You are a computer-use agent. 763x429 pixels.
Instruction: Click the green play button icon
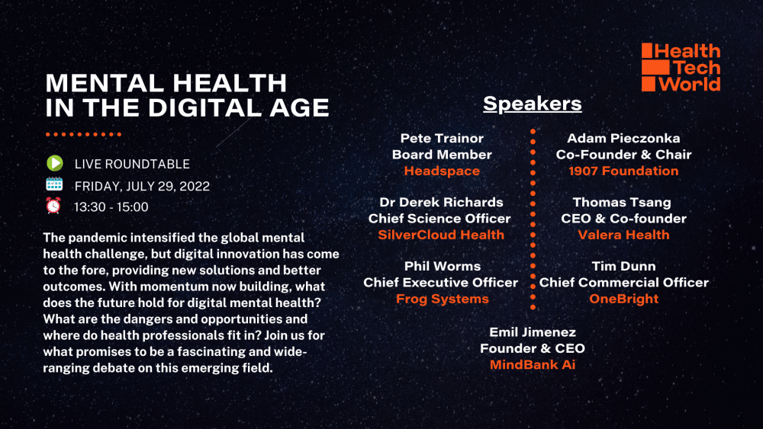click(54, 163)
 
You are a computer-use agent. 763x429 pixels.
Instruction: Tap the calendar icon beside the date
click(54, 184)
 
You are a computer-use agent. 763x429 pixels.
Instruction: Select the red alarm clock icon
click(53, 206)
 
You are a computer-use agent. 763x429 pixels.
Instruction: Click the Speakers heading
click(533, 104)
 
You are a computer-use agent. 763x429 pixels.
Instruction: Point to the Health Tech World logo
click(681, 67)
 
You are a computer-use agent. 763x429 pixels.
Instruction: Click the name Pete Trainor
click(442, 139)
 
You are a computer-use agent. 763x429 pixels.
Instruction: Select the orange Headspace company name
click(442, 171)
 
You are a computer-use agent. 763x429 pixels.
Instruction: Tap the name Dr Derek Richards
click(441, 202)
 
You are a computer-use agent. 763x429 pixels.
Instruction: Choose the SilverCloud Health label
click(441, 235)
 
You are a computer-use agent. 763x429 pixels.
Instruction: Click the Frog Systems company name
click(443, 299)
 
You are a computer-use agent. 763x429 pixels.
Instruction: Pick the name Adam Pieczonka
click(623, 139)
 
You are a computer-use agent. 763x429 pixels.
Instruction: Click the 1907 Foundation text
click(623, 171)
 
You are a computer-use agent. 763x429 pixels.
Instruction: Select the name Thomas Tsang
click(622, 202)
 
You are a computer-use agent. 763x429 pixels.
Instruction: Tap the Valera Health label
click(623, 235)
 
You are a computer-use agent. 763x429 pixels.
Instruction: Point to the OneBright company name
click(624, 299)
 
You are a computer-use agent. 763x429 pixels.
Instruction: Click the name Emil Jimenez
click(533, 332)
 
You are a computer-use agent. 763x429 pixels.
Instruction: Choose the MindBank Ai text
click(533, 365)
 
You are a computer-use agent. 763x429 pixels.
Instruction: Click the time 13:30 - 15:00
click(111, 207)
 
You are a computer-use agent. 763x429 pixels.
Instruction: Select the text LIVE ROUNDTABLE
click(132, 165)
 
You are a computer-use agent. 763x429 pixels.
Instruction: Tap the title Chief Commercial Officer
click(624, 282)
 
